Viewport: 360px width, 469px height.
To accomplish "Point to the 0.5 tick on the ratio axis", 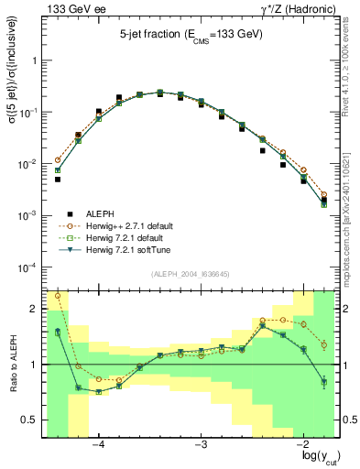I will tap(29, 420).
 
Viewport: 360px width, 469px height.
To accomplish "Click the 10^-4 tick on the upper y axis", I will tap(27, 267).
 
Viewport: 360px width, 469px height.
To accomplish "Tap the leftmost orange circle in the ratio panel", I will tap(57, 295).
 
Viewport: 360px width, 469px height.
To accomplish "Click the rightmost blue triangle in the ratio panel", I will tap(323, 382).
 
